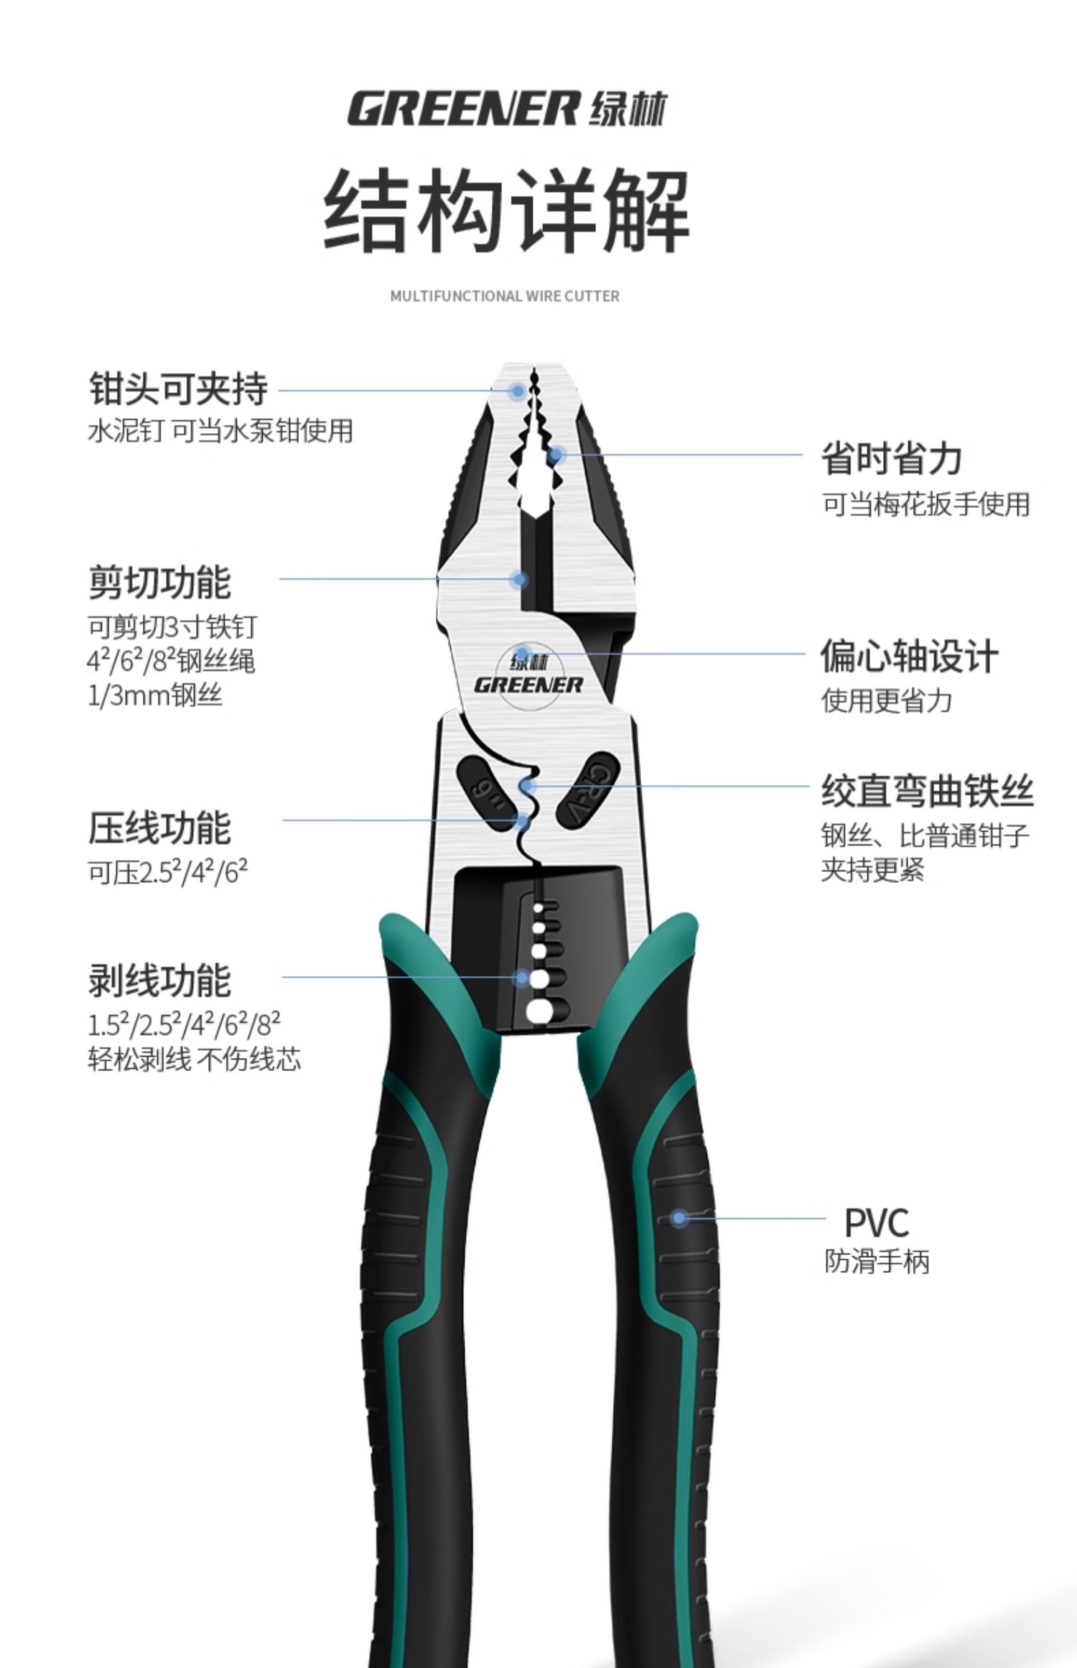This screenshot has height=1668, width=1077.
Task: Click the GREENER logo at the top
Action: pyautogui.click(x=507, y=108)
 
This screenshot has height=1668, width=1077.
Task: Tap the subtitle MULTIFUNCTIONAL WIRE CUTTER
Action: pyautogui.click(x=504, y=296)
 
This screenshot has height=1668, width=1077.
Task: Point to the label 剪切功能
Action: pyautogui.click(x=159, y=582)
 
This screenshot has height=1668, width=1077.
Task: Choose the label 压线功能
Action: pyautogui.click(x=159, y=828)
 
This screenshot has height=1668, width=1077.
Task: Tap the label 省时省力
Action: pyautogui.click(x=891, y=458)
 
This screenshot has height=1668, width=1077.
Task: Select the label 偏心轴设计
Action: pyautogui.click(x=909, y=657)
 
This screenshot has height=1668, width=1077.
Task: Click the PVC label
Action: pyautogui.click(x=876, y=1221)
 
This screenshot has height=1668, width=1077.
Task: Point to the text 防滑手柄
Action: pyautogui.click(x=876, y=1261)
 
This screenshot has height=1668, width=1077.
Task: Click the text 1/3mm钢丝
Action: pyautogui.click(x=154, y=695)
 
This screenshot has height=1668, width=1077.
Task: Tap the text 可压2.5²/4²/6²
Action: pyautogui.click(x=167, y=872)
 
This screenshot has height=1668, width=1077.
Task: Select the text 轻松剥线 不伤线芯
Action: pyautogui.click(x=194, y=1060)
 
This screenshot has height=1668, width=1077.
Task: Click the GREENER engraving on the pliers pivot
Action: pyautogui.click(x=528, y=685)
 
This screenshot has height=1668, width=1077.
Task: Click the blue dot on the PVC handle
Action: pyautogui.click(x=679, y=1218)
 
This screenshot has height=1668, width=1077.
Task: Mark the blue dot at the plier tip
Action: pyautogui.click(x=517, y=391)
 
